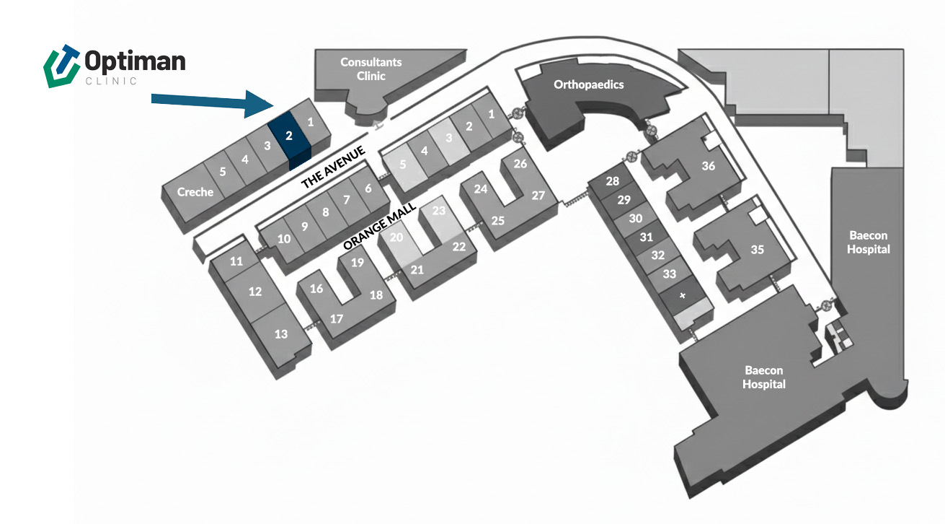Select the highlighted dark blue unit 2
(x=288, y=135)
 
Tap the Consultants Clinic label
(x=371, y=69)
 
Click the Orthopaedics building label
(x=588, y=84)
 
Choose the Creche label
(x=195, y=191)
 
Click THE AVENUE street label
(x=334, y=167)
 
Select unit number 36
(x=709, y=166)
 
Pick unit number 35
(x=757, y=250)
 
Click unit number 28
(x=613, y=181)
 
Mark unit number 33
(x=670, y=274)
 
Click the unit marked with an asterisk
(x=683, y=296)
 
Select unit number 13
(x=281, y=333)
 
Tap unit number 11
(x=236, y=261)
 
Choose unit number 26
(x=520, y=164)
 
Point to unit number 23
(x=439, y=211)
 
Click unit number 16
(x=316, y=289)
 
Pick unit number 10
(x=284, y=238)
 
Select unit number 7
(x=346, y=200)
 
